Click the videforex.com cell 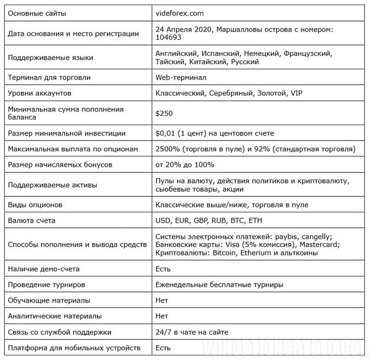[x=179, y=13]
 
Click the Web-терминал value [x=181, y=77]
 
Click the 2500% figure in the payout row [x=168, y=149]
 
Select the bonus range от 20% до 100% [x=185, y=165]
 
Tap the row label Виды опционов [x=35, y=205]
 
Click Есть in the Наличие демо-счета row [x=163, y=269]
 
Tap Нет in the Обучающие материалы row [x=162, y=301]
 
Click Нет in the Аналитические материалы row [x=162, y=316]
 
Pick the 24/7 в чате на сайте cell [x=192, y=332]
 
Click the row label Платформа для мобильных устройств [x=74, y=348]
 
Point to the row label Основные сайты [x=37, y=13]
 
